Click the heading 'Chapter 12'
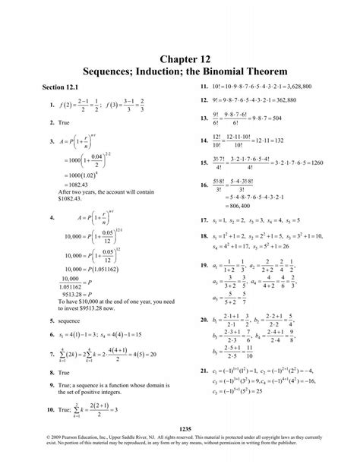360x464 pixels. (x=180, y=58)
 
